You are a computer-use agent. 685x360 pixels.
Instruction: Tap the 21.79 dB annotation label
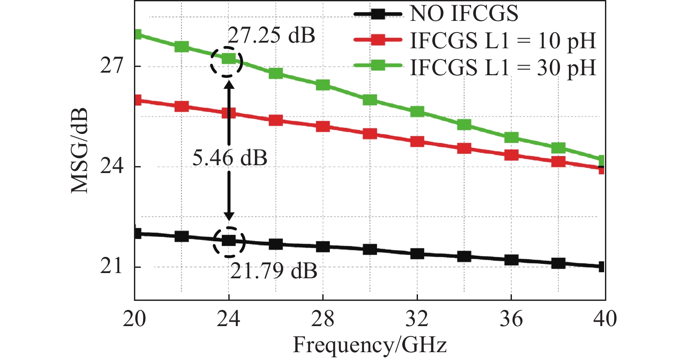274,271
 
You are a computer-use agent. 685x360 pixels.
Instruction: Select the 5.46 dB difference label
230,157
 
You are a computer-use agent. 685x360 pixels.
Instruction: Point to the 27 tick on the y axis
112,66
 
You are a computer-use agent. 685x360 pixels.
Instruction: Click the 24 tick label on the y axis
112,167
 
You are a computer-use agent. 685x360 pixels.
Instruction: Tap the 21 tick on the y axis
112,266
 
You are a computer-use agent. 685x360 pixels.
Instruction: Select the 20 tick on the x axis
134,319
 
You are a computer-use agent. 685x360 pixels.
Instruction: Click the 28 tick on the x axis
323,319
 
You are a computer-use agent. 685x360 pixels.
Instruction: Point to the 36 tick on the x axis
511,319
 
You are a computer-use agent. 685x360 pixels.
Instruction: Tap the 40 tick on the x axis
605,319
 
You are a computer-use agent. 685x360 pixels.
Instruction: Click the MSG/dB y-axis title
80,150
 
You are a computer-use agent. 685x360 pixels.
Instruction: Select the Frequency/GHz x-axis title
370,345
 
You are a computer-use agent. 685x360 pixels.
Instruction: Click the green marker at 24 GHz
229,59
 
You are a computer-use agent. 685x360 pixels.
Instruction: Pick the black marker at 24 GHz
229,240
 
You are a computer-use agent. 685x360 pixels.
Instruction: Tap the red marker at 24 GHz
229,113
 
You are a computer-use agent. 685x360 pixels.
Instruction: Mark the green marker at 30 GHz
370,100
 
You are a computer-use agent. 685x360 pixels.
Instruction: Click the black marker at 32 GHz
417,253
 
